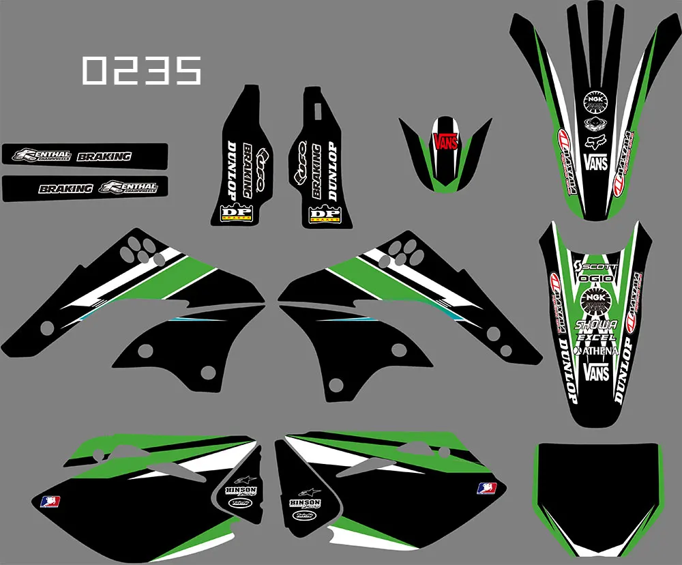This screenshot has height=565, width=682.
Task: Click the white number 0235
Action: [x=142, y=70]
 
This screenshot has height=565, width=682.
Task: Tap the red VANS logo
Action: [x=445, y=141]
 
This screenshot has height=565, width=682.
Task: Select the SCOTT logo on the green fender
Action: [x=599, y=265]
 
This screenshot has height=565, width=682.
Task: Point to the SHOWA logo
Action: [x=596, y=325]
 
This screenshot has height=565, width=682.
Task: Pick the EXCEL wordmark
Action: [x=596, y=337]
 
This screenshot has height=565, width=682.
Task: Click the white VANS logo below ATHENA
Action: [x=597, y=372]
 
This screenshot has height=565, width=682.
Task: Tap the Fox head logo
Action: [x=595, y=143]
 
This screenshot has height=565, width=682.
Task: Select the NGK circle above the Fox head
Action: [x=595, y=103]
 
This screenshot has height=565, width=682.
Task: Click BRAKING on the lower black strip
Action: [x=65, y=188]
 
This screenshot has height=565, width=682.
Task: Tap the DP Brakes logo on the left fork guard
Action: [x=236, y=214]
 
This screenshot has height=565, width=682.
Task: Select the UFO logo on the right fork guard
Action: [x=299, y=160]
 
